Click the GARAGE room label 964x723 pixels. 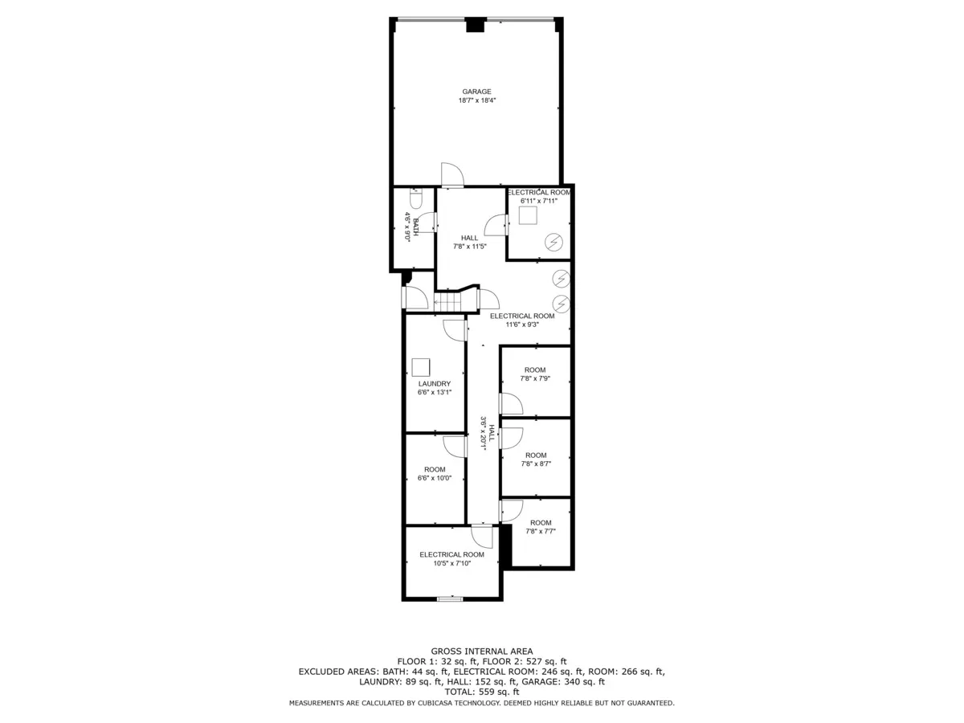click(x=476, y=92)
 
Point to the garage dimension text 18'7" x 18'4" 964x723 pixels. click(x=476, y=101)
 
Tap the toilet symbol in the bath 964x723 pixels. click(x=415, y=197)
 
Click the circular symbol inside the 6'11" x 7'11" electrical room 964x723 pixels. click(x=553, y=241)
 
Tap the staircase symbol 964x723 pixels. click(x=447, y=302)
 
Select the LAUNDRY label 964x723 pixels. click(x=434, y=384)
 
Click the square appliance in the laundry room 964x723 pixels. click(x=421, y=367)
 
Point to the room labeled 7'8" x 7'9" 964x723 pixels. click(x=534, y=374)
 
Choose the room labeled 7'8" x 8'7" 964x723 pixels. click(x=534, y=460)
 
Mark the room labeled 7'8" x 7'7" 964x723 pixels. click(x=540, y=527)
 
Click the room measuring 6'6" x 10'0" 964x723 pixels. click(x=435, y=474)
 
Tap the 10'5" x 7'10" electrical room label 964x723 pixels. click(x=451, y=559)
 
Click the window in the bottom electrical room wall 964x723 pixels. click(x=450, y=598)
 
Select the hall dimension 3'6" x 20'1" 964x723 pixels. click(x=484, y=431)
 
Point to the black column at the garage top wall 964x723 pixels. click(x=476, y=25)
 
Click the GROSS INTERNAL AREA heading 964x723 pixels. click(x=481, y=652)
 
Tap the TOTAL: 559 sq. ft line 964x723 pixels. click(x=481, y=692)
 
